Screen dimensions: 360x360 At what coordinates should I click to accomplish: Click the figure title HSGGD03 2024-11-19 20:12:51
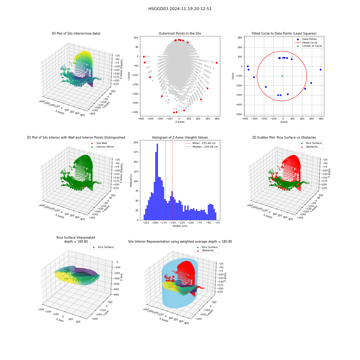180,9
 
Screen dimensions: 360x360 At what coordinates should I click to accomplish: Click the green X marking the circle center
282,76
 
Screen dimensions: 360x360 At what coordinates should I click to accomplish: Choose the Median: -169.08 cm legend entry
202,147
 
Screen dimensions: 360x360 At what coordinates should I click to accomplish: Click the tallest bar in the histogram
157,182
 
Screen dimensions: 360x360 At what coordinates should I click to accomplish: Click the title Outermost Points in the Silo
180,33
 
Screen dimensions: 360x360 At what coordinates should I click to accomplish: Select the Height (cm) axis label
180,226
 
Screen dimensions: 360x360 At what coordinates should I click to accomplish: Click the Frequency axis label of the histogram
131,180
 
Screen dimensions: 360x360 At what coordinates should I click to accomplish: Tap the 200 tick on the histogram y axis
136,142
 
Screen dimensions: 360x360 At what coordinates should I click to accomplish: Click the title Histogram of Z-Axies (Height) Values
180,138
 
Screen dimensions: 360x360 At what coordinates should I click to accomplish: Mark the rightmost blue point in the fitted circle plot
320,69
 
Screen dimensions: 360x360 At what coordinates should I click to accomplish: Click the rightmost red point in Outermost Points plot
216,63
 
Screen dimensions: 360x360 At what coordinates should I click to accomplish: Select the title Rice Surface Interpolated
76,238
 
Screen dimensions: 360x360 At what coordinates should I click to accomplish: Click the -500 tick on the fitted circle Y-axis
239,114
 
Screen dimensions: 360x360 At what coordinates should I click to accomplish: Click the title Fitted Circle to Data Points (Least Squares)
284,33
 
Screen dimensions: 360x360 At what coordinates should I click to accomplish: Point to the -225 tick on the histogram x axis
146,222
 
